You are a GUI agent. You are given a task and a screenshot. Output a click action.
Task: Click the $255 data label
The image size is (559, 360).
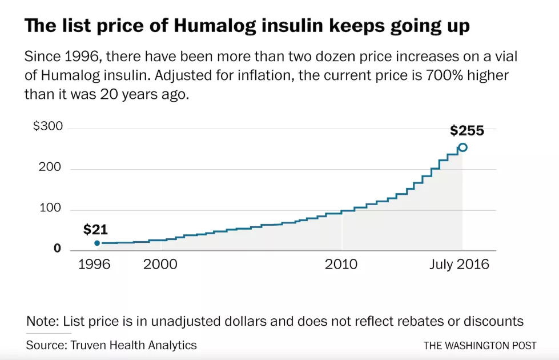point(466,131)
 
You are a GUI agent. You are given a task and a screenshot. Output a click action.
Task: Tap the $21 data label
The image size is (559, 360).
point(95,230)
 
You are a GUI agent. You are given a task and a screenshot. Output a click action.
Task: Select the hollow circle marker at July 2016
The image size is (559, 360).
point(463,147)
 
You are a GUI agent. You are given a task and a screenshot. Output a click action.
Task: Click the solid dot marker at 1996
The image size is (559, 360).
point(97,243)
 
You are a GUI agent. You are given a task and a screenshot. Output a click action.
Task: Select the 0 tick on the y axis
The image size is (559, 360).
point(57,249)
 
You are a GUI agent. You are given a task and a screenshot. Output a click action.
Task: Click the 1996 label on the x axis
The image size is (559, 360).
point(94,265)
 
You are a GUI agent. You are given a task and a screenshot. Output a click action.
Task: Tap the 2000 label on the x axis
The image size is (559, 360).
point(160,265)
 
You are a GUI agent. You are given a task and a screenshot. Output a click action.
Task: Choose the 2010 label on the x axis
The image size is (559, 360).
point(341,265)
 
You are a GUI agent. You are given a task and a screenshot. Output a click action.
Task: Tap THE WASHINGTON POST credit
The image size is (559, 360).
point(480,346)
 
